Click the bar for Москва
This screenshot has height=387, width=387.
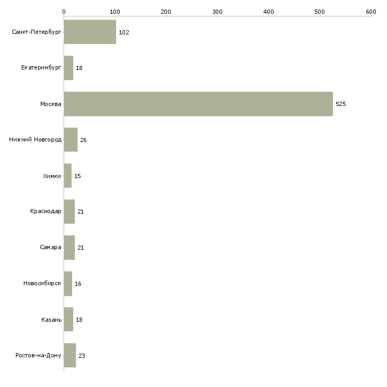[198, 104]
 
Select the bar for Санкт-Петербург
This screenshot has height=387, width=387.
[90, 32]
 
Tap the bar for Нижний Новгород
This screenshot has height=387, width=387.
[71, 140]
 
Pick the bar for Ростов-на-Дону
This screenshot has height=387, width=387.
[69, 356]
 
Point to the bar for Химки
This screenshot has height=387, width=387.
[67, 176]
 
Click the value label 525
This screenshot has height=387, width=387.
[340, 104]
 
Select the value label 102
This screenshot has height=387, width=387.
[124, 32]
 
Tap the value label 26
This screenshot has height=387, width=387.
[83, 140]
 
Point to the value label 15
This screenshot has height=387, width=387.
[77, 176]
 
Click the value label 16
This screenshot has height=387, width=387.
[78, 284]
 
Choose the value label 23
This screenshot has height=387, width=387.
[82, 356]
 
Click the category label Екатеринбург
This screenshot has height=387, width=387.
[41, 68]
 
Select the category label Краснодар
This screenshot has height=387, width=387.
[46, 212]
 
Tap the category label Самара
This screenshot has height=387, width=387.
[50, 248]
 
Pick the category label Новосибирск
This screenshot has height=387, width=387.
[42, 284]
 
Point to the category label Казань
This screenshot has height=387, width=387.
[51, 320]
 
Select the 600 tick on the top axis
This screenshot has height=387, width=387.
[371, 11]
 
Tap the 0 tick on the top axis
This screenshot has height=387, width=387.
[64, 11]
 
